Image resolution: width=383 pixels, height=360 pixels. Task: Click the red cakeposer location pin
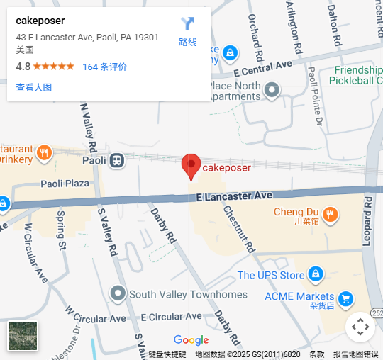191,166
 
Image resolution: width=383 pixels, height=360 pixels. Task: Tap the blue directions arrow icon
188,24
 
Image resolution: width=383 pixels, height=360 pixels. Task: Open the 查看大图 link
34,87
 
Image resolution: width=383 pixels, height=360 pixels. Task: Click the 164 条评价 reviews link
105,67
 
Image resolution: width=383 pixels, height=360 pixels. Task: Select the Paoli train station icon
117,160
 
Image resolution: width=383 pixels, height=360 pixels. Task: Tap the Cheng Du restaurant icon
330,213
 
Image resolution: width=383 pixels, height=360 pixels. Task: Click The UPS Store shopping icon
316,274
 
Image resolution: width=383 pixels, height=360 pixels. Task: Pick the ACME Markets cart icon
345,298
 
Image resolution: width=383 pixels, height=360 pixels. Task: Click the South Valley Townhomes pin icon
118,293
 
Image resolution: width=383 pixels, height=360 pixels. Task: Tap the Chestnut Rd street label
238,227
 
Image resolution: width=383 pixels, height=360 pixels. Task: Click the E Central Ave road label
262,68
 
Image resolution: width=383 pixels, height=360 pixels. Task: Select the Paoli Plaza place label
65,184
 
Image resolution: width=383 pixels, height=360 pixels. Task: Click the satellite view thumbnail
23,336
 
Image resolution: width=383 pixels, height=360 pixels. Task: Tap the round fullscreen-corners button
360,327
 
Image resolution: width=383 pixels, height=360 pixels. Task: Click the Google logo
191,341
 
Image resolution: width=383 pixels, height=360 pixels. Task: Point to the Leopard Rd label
367,219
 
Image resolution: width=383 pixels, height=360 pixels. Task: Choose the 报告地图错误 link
356,354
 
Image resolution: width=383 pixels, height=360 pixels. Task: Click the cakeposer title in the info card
40,21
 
